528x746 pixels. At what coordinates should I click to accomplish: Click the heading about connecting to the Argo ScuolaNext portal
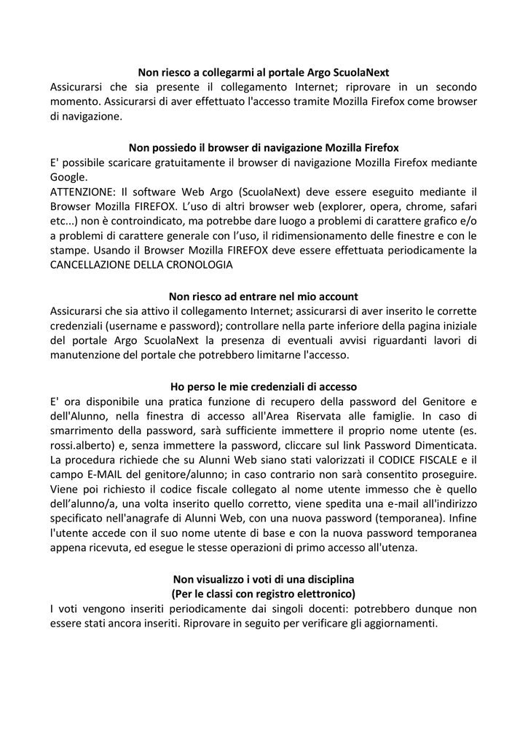click(x=264, y=72)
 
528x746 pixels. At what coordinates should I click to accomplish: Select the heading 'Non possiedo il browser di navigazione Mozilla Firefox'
click(x=264, y=148)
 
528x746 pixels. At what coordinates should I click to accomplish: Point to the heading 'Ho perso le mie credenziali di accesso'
click(x=264, y=385)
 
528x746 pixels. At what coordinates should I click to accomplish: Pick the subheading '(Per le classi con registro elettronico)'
click(x=264, y=594)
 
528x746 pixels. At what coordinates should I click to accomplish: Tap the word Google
click(x=68, y=177)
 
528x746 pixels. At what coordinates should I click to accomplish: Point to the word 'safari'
click(x=461, y=206)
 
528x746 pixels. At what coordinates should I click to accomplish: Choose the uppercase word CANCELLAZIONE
click(x=94, y=265)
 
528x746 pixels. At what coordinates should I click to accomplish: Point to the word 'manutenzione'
click(x=90, y=355)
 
